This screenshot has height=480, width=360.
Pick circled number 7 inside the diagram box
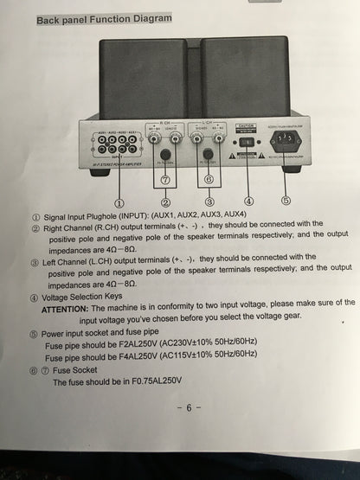click(x=168, y=180)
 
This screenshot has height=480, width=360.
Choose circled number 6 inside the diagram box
click(x=208, y=180)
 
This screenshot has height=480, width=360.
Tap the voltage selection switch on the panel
click(x=246, y=142)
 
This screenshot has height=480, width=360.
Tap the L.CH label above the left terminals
click(x=208, y=123)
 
